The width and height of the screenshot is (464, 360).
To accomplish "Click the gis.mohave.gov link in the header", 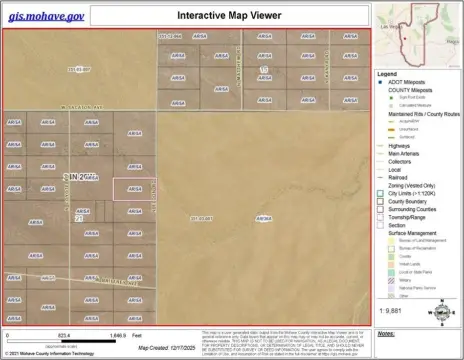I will point(46,17).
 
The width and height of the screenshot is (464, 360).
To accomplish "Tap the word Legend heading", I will point(387,74).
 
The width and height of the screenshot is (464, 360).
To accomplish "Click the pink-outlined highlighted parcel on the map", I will point(127,188).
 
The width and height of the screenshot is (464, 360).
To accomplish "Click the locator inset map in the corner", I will point(417,34).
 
